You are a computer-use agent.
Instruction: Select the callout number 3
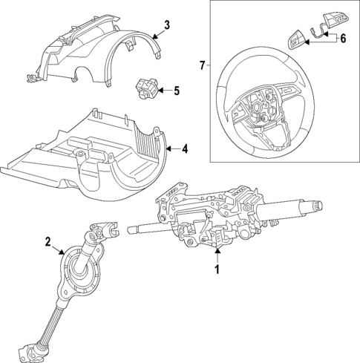(x=166, y=24)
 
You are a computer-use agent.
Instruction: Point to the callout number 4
(x=185, y=149)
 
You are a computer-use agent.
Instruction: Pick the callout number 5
(x=176, y=91)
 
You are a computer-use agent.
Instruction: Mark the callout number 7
(x=202, y=66)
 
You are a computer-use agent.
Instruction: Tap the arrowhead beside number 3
(x=154, y=33)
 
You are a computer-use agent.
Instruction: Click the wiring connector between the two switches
(x=315, y=30)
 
